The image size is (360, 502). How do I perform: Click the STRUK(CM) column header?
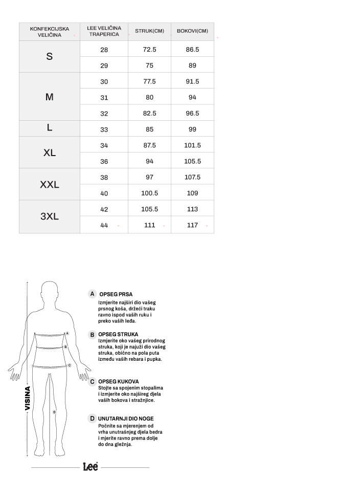pyautogui.click(x=149, y=31)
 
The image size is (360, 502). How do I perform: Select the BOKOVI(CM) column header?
pyautogui.click(x=192, y=31)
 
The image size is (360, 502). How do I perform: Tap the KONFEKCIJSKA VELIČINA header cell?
pyautogui.click(x=50, y=31)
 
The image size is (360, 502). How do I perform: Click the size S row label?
pyautogui.click(x=50, y=56)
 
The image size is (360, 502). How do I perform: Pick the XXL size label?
pyautogui.click(x=50, y=184)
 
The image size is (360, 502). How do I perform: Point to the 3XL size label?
pyautogui.click(x=50, y=216)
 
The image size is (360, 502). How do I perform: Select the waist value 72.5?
pyautogui.click(x=149, y=49)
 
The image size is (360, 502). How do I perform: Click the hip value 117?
pyautogui.click(x=192, y=225)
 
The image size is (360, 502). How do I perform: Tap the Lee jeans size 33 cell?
pyautogui.click(x=104, y=129)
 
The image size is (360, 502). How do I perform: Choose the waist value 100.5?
pyautogui.click(x=149, y=193)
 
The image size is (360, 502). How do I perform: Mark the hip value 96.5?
pyautogui.click(x=192, y=113)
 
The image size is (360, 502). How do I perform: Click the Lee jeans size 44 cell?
pyautogui.click(x=104, y=225)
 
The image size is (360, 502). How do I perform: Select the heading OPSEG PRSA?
pyautogui.click(x=116, y=294)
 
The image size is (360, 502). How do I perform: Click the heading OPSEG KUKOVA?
pyautogui.click(x=118, y=381)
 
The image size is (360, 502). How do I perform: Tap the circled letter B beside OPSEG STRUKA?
pyautogui.click(x=92, y=335)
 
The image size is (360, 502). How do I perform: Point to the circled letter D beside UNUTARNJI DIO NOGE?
pyautogui.click(x=92, y=419)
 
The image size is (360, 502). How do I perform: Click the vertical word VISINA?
pyautogui.click(x=28, y=398)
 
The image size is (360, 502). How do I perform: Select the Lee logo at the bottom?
pyautogui.click(x=91, y=467)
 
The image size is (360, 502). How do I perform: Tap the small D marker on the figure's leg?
pyautogui.click(x=54, y=411)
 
